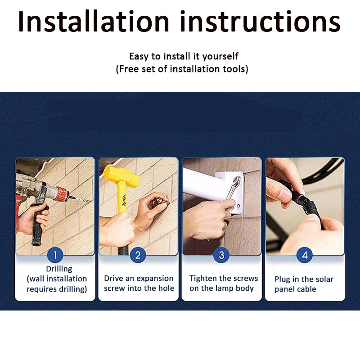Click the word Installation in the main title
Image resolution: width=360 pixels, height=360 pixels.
[94, 21]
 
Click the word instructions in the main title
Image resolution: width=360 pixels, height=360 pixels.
[261, 21]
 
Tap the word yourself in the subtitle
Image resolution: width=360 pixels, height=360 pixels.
[220, 57]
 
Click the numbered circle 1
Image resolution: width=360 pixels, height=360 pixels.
[55, 255]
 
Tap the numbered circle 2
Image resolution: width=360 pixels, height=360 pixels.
[138, 255]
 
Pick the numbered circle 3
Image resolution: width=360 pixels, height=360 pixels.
[221, 255]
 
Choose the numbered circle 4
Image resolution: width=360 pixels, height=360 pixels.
[305, 255]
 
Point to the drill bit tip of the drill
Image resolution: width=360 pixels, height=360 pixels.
[90, 202]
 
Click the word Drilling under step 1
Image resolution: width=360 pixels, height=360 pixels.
[59, 269]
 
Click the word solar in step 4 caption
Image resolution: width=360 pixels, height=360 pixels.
[324, 279]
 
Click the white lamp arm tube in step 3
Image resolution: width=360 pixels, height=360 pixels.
[202, 183]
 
